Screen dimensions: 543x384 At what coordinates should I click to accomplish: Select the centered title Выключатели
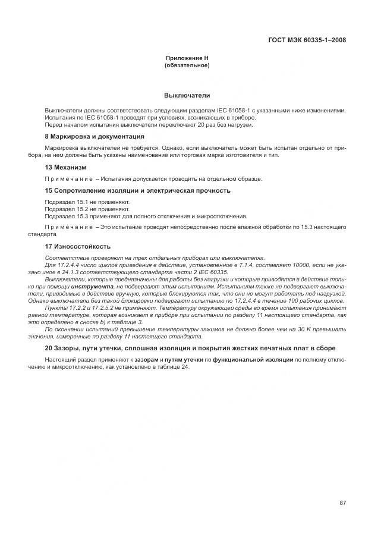[187, 95]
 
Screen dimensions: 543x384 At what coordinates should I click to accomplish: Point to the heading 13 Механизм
[65, 167]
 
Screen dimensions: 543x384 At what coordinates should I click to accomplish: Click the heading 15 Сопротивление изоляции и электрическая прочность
[137, 190]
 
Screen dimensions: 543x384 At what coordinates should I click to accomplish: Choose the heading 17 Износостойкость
[77, 246]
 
